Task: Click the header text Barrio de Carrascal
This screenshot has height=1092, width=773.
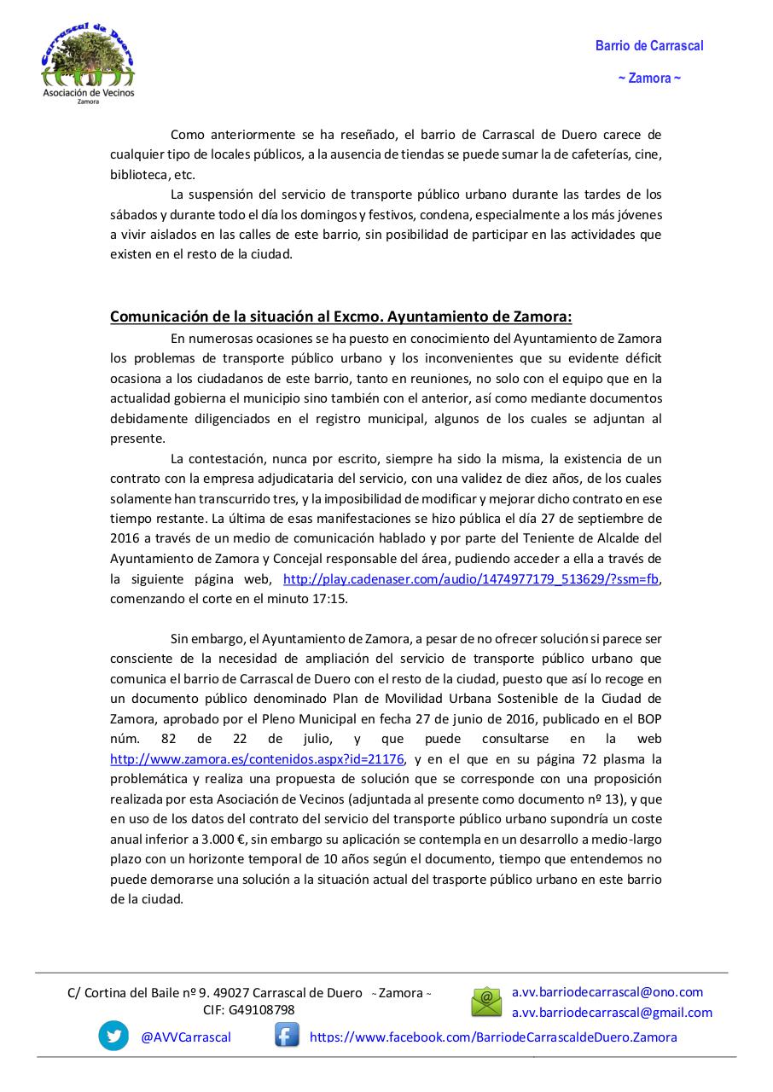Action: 649,46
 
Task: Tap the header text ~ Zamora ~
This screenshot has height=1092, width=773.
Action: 649,78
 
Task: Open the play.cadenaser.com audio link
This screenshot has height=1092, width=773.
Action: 471,579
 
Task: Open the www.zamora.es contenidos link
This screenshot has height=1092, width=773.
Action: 257,758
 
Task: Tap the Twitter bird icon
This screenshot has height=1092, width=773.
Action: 113,1037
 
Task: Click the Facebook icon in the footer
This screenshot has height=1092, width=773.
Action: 287,1037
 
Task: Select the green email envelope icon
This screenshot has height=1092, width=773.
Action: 486,1002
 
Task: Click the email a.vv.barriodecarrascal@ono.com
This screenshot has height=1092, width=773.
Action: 607,992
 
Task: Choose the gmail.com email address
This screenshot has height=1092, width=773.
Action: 611,1013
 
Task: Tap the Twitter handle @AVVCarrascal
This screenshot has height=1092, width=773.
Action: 186,1037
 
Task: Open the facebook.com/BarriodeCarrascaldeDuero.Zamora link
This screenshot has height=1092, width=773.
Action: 493,1037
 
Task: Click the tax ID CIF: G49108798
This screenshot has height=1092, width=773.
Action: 249,1010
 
